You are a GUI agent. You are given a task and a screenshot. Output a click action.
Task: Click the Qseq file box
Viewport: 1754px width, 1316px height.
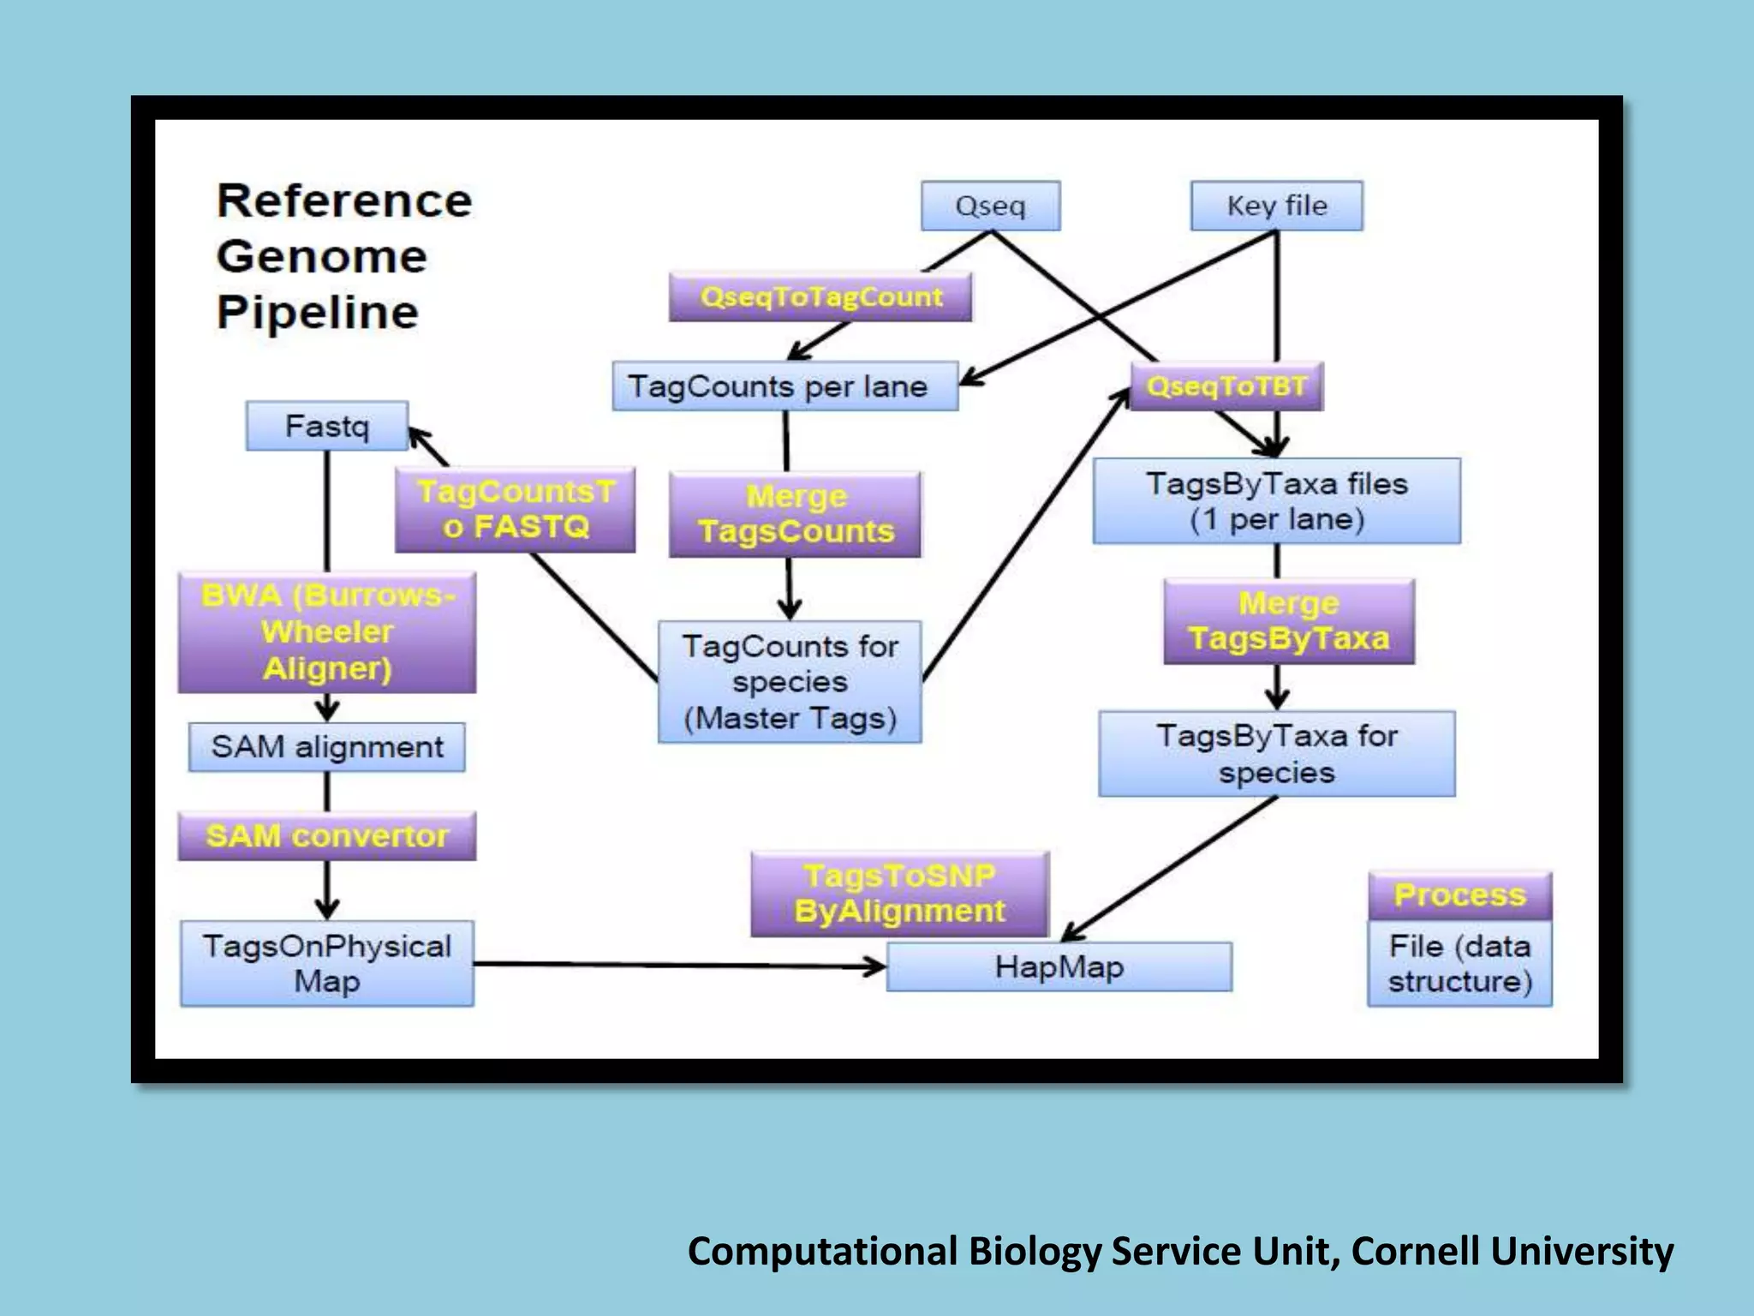tap(990, 206)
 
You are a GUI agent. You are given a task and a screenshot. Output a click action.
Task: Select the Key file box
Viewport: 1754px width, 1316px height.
tap(1276, 206)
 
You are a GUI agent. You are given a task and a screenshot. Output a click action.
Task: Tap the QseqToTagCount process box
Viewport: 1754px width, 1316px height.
tap(820, 297)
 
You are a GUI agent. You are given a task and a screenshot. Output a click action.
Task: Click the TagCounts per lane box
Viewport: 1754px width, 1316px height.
tap(785, 386)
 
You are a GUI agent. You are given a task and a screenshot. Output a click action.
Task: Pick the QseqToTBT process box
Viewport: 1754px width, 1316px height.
tap(1226, 386)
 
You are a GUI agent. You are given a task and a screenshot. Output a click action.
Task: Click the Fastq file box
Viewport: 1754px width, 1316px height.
tap(326, 426)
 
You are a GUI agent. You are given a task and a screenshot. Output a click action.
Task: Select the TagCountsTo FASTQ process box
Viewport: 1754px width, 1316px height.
tap(515, 510)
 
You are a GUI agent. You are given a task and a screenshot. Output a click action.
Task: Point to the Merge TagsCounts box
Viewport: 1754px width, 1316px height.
tap(795, 514)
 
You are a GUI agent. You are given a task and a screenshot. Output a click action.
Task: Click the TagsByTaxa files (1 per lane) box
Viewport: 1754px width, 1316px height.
tap(1276, 501)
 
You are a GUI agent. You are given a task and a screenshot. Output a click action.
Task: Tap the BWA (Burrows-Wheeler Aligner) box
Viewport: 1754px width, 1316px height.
tap(326, 632)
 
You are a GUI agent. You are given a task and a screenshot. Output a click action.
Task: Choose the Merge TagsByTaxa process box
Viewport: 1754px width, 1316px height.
tap(1288, 621)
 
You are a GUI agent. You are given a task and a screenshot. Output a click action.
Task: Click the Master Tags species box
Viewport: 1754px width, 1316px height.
tap(789, 682)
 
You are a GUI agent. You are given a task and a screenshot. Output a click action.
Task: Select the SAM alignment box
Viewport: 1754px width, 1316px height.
tap(326, 747)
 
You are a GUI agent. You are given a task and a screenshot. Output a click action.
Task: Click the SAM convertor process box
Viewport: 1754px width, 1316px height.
tap(326, 836)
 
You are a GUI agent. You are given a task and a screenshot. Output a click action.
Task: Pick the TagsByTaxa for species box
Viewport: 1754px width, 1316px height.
tap(1276, 754)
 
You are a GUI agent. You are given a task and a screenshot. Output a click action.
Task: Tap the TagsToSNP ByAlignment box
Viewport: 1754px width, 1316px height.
tap(899, 894)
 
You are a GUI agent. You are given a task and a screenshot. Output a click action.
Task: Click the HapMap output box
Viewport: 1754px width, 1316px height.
tap(1059, 967)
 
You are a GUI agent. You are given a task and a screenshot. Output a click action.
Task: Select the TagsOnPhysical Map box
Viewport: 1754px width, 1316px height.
tap(326, 964)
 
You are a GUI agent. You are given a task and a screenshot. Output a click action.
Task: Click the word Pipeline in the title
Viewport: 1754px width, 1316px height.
tap(318, 313)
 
